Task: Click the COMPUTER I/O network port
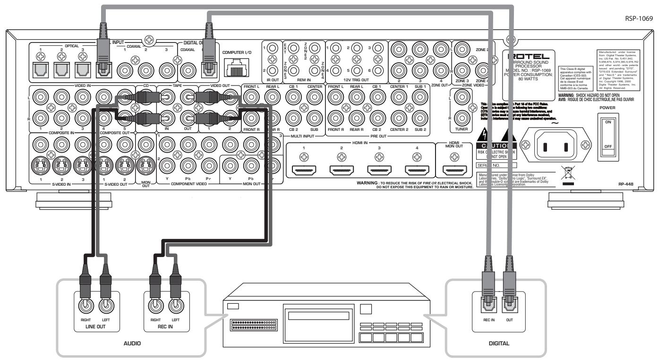point(238,69)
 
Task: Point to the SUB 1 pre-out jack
point(418,97)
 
